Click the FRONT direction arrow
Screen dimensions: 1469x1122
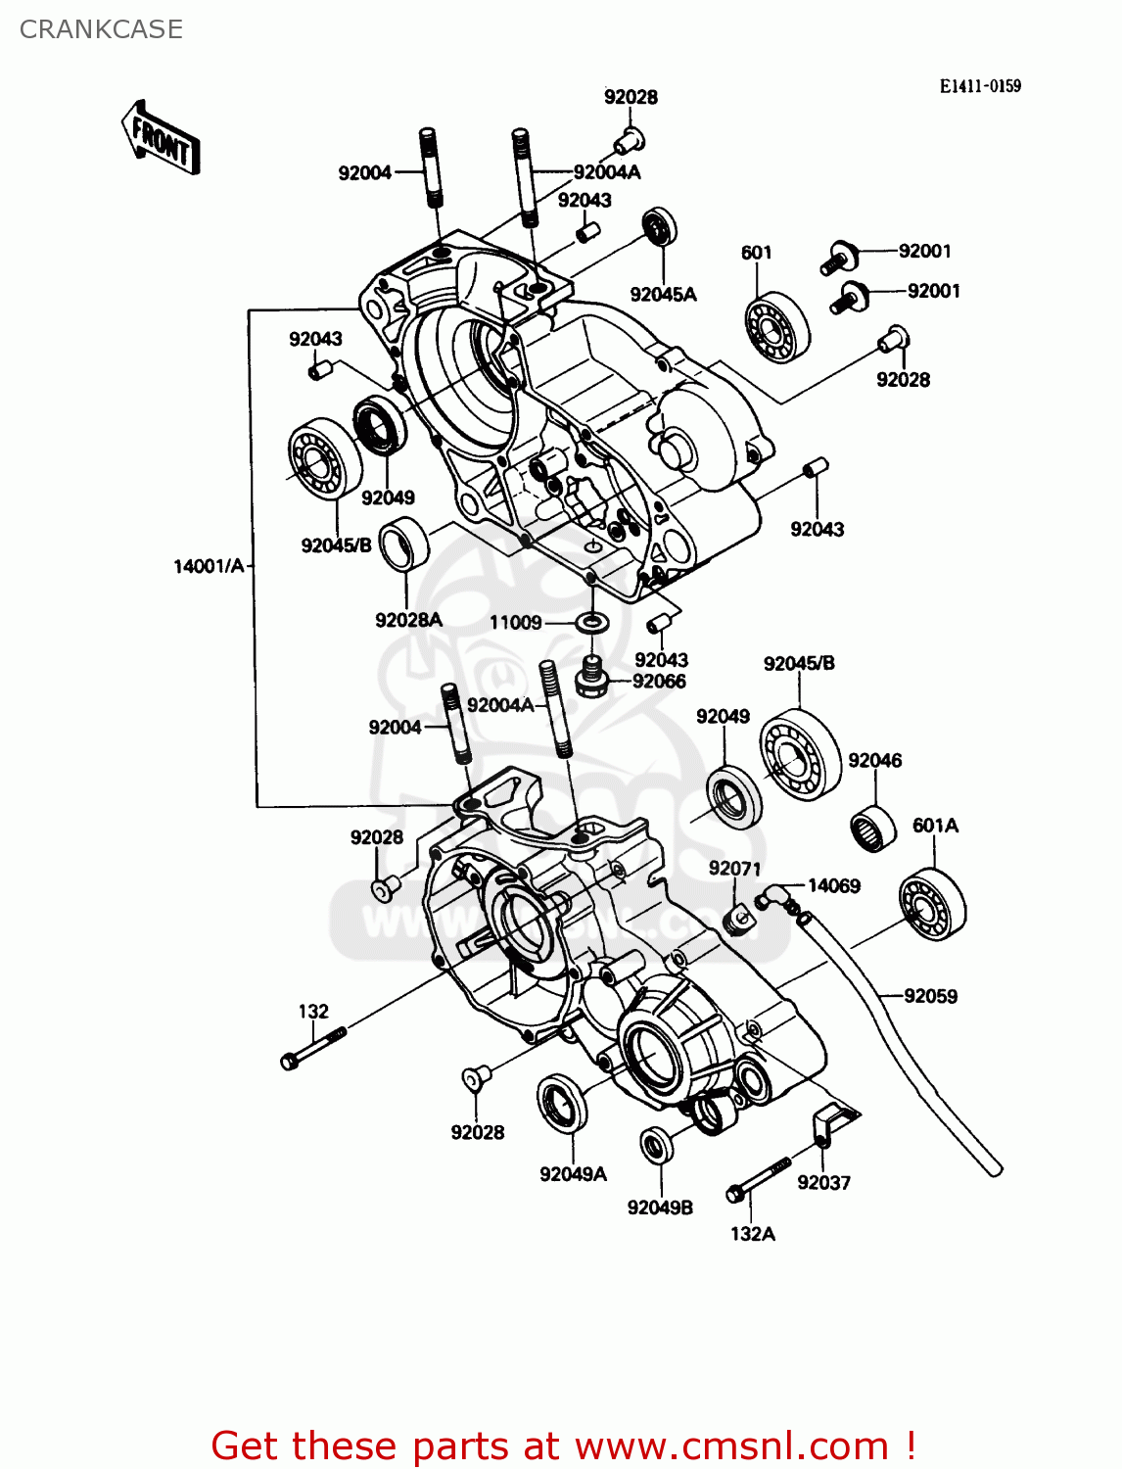(161, 138)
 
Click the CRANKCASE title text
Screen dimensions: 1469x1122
(101, 29)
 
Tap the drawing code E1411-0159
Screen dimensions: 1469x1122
(980, 86)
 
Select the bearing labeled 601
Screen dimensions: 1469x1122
(777, 327)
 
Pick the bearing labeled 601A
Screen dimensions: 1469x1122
(932, 903)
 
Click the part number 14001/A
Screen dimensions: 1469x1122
(208, 566)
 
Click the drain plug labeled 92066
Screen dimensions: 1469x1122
(592, 677)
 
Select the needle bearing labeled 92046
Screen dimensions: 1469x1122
(872, 826)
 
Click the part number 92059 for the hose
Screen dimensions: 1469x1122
(930, 996)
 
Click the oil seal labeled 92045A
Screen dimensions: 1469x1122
(659, 228)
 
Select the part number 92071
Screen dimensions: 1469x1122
(734, 869)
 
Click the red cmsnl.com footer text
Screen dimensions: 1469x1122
(564, 1445)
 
